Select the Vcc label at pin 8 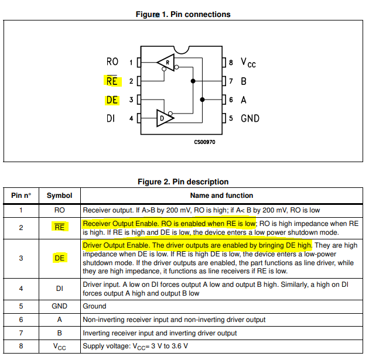point(249,62)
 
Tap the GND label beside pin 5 point(250,118)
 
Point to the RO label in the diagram point(112,62)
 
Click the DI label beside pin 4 point(111,118)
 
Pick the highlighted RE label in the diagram point(111,81)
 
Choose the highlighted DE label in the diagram point(112,100)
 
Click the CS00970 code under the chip point(204,142)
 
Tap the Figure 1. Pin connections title point(183,14)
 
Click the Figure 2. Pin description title point(183,181)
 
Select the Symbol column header point(59,196)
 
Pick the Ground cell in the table point(95,306)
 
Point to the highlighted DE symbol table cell point(59,258)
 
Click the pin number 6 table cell point(21,320)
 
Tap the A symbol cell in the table point(59,320)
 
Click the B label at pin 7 point(244,81)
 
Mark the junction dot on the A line point(202,100)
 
